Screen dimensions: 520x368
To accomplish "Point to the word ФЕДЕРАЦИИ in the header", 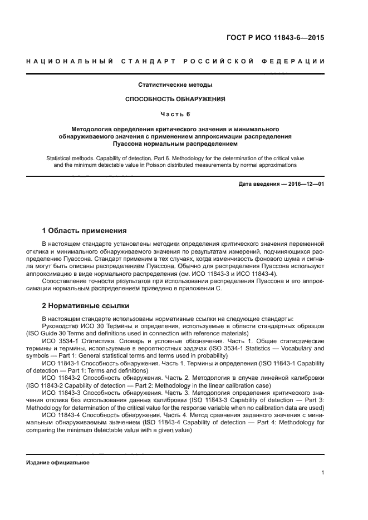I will [x=297, y=61].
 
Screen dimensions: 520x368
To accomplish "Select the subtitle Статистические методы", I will [x=175, y=85].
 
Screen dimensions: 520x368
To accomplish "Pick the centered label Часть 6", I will [x=175, y=115].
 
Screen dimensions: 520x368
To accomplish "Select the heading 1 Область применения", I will [x=85, y=230].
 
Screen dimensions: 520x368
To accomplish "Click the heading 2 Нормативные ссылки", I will [x=86, y=305].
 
